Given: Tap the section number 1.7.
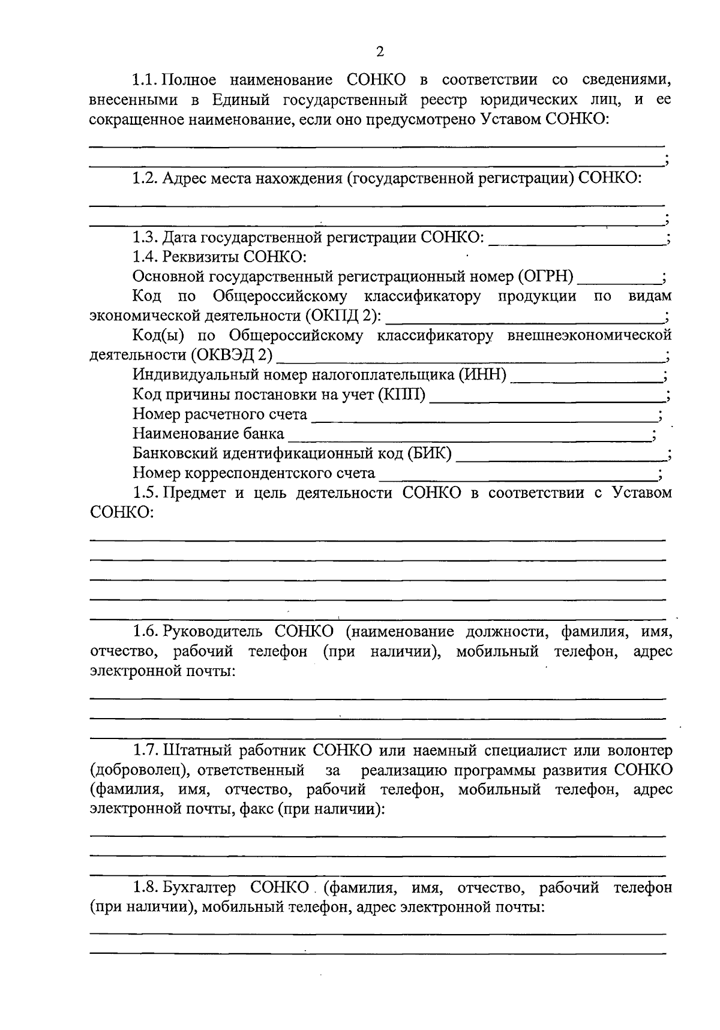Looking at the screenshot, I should click(x=145, y=750).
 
